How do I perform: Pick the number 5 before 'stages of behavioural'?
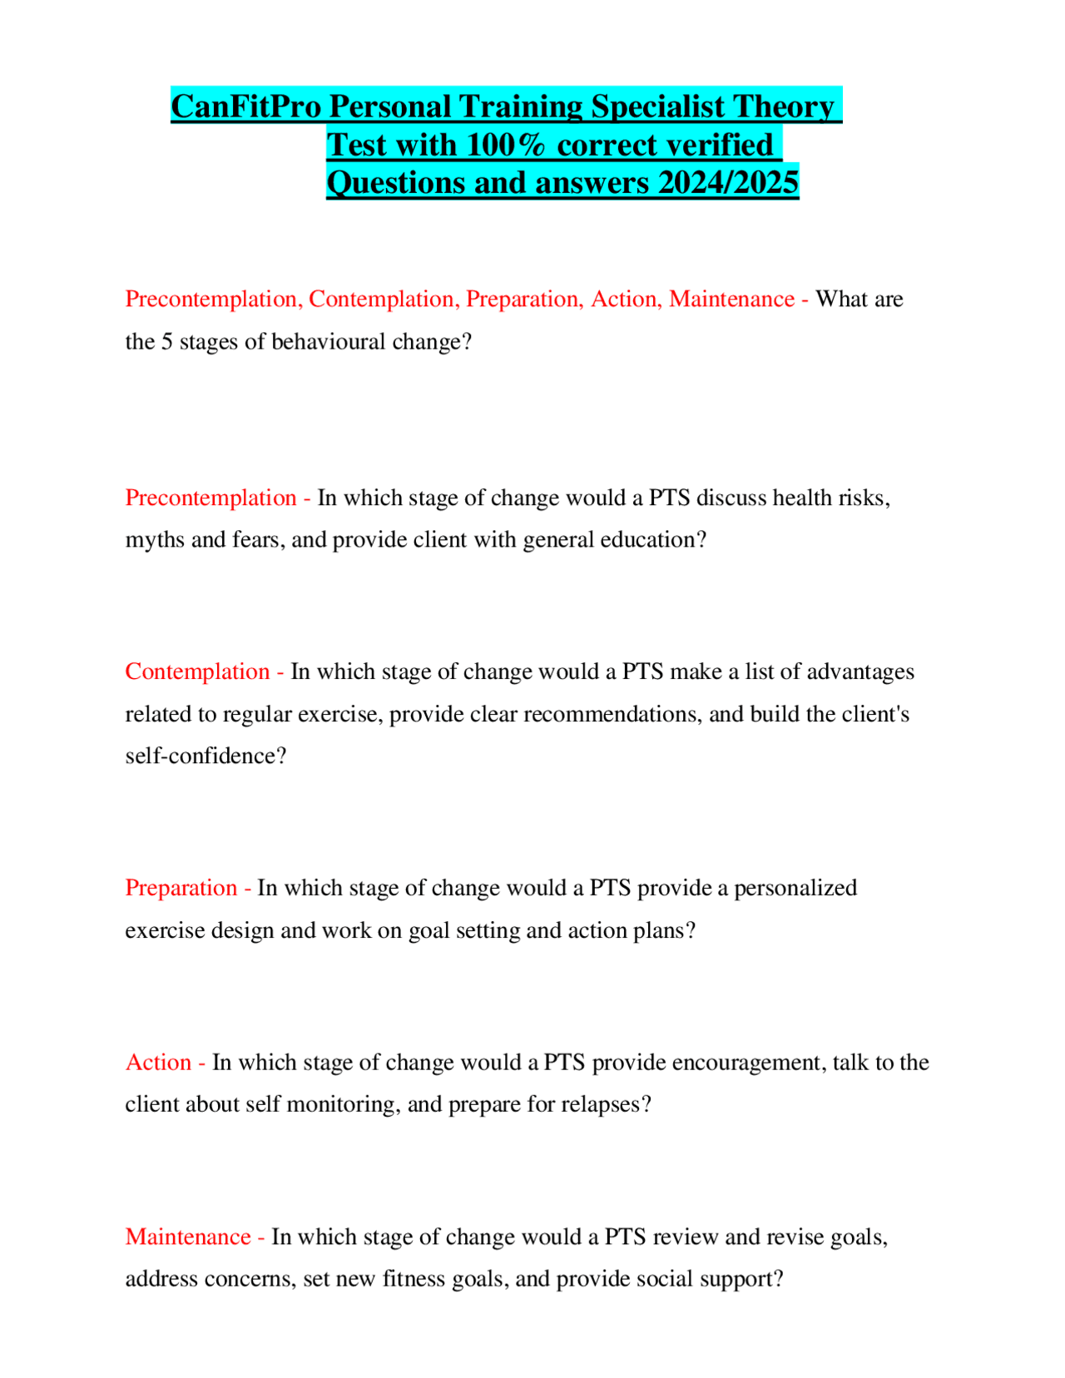[166, 342]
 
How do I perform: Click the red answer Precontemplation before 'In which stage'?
[211, 498]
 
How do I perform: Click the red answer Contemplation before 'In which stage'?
[197, 672]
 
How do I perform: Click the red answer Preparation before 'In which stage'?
[181, 888]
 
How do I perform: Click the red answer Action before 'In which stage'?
[158, 1063]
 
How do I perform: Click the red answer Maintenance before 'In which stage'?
[188, 1237]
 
